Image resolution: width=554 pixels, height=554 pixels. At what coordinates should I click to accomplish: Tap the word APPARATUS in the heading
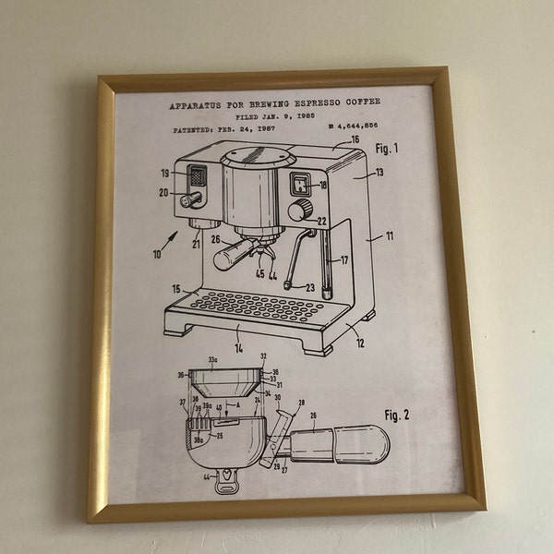[198, 105]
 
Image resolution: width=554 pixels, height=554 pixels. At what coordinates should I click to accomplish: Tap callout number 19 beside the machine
[165, 173]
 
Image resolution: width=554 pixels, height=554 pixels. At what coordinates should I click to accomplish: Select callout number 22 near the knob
[321, 221]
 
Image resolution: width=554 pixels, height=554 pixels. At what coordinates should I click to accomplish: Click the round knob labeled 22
[297, 211]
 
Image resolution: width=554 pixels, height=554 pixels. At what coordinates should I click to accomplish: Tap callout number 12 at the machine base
[359, 343]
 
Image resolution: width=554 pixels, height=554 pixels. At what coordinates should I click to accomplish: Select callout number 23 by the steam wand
[309, 288]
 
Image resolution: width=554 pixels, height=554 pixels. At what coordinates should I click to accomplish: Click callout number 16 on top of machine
[355, 140]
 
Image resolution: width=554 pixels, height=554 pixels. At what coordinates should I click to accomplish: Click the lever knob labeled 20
[191, 199]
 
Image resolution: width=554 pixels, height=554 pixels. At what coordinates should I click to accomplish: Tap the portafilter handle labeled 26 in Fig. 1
[231, 256]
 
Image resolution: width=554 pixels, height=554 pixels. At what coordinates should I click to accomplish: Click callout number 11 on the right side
[389, 236]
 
